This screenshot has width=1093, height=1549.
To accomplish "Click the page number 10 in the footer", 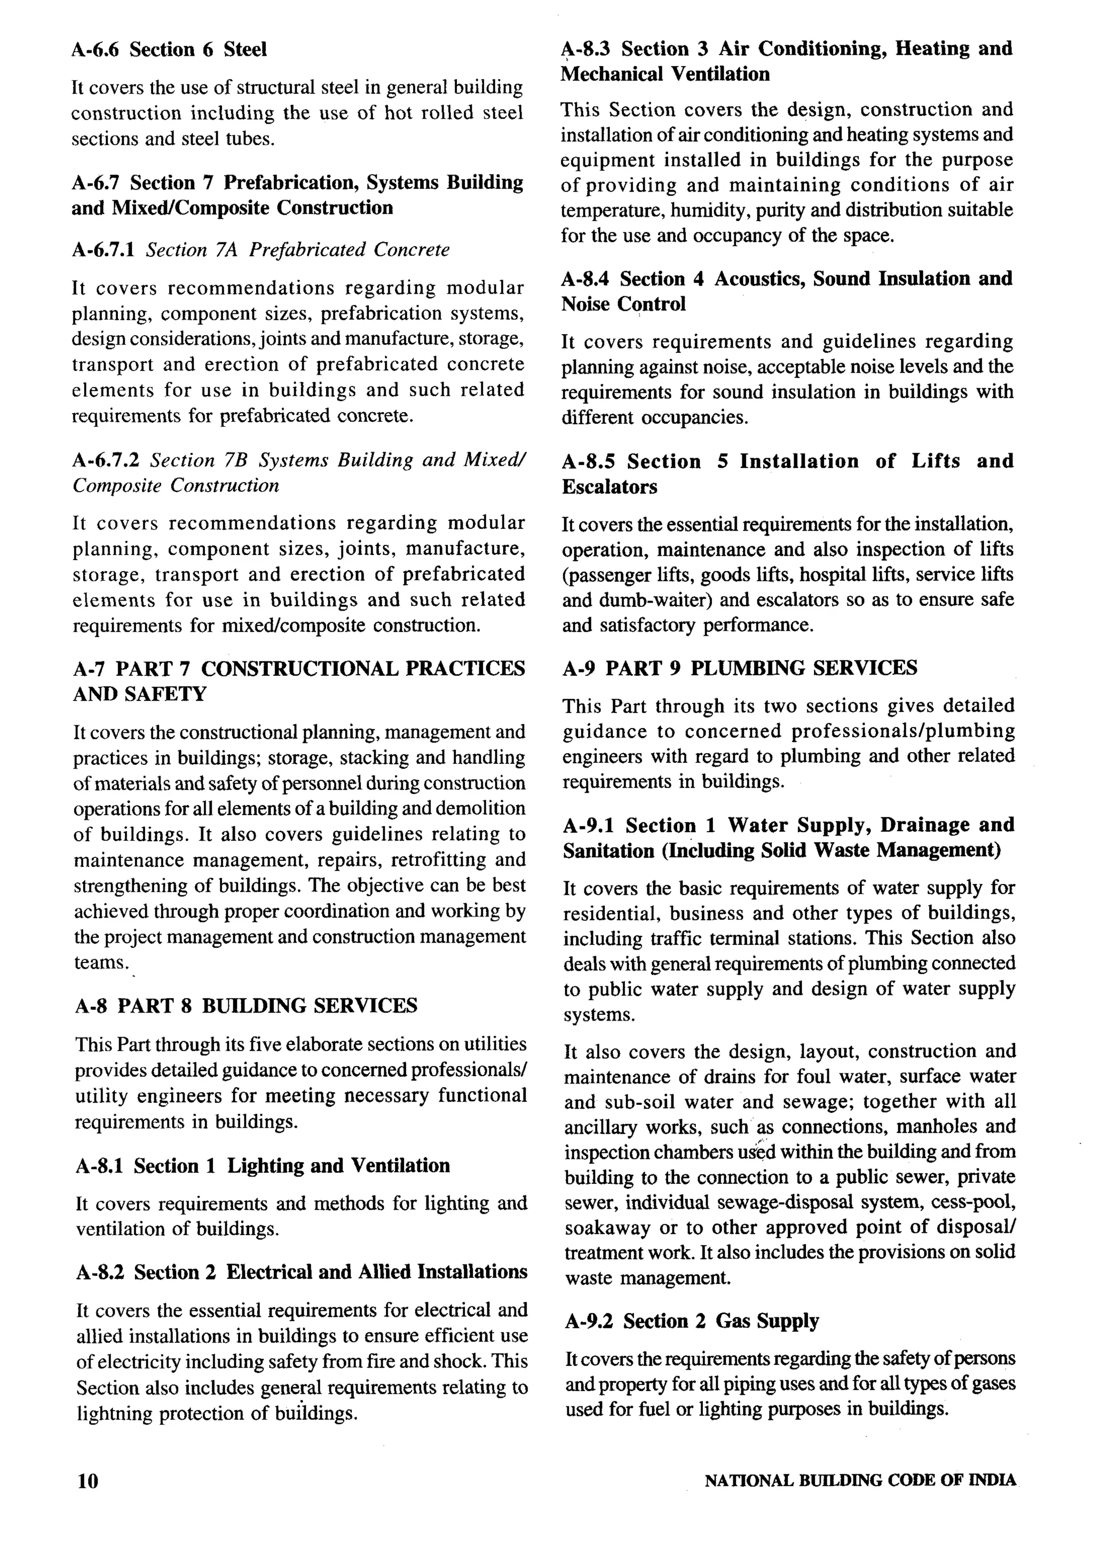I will pyautogui.click(x=87, y=1481).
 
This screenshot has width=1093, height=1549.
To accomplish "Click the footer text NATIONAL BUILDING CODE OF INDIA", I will pyautogui.click(x=860, y=1480).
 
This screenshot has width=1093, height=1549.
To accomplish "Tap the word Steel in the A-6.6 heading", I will pyautogui.click(x=245, y=50).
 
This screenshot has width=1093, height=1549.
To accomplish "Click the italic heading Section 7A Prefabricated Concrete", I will pyautogui.click(x=298, y=250).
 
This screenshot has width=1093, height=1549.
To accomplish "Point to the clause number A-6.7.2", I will pyautogui.click(x=105, y=461).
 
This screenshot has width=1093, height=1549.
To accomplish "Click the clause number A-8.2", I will pyautogui.click(x=100, y=1273).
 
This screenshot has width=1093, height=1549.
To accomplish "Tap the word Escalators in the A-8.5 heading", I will pyautogui.click(x=609, y=487).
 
